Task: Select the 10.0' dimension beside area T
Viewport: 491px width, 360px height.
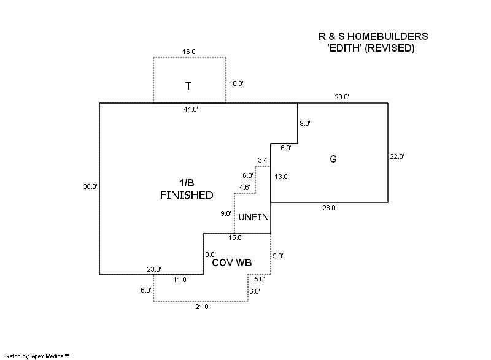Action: (236, 83)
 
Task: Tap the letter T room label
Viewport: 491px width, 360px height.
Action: (188, 86)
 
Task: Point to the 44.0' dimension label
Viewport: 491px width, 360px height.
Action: (190, 109)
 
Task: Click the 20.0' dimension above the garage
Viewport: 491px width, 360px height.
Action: (342, 97)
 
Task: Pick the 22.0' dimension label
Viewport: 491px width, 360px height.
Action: (397, 156)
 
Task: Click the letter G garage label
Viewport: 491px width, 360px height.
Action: (333, 159)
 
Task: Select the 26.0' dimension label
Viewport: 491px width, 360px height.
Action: (330, 209)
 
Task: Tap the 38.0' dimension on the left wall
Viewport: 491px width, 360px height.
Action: (90, 187)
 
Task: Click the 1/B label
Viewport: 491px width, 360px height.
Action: (187, 183)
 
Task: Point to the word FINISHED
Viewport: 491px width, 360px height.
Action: (187, 196)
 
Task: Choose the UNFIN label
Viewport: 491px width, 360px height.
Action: (253, 218)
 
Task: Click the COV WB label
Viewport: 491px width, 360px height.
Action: (232, 262)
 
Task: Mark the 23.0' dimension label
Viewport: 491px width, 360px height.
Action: (153, 269)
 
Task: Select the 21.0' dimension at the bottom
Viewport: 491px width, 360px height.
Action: (202, 307)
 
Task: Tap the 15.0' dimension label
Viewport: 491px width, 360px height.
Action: (236, 237)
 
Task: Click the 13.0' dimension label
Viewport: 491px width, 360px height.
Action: (282, 177)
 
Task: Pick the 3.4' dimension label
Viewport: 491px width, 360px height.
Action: (263, 160)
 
